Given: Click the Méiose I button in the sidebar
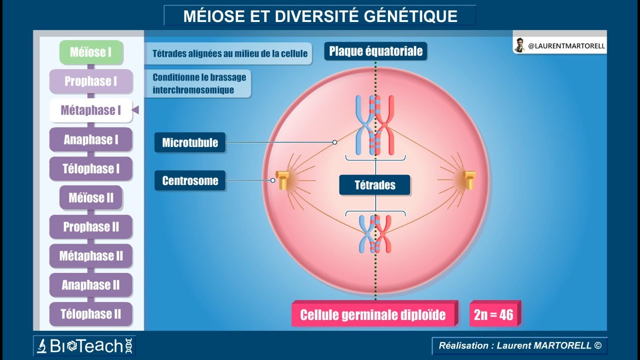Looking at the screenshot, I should [91, 52].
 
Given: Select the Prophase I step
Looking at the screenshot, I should [91, 81].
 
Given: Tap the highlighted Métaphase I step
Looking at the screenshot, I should [91, 110].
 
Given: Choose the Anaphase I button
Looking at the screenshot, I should [91, 140].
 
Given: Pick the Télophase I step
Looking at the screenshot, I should [91, 169].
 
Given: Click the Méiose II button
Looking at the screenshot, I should [91, 198].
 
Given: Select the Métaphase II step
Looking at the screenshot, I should [91, 256].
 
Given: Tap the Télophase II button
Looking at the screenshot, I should [91, 314].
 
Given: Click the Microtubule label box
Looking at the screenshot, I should [190, 142].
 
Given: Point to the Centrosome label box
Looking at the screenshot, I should [190, 180].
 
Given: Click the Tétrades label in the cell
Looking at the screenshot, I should [375, 185].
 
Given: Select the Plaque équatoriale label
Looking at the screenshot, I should [375, 51].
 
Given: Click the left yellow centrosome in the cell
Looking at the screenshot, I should [283, 180].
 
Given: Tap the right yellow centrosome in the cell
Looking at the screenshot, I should [469, 180].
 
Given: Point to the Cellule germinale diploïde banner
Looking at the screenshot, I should [373, 314].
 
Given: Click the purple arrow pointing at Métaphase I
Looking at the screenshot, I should [135, 110].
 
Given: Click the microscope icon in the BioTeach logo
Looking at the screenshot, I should [42, 345].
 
